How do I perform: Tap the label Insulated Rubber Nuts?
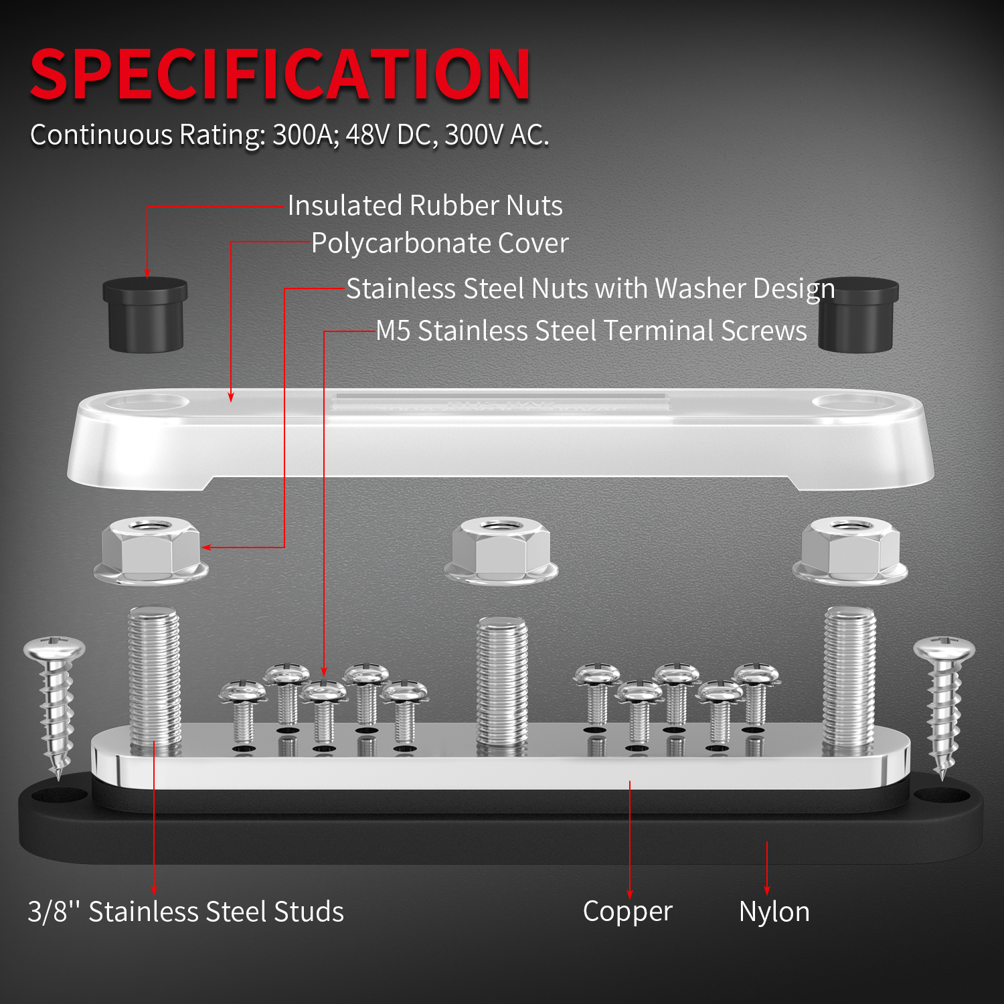[425, 205]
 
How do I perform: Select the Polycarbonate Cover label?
[440, 243]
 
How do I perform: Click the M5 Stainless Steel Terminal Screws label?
[591, 331]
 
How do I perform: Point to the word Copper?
[627, 911]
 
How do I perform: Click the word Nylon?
[774, 912]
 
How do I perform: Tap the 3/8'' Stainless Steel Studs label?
[185, 912]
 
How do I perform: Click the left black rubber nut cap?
[145, 314]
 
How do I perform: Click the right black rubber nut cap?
[857, 314]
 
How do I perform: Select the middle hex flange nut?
[501, 550]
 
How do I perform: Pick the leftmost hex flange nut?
[151, 550]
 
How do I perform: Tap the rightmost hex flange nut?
[850, 550]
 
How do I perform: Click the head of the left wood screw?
[54, 648]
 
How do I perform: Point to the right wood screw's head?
[944, 648]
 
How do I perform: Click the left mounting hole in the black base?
[60, 796]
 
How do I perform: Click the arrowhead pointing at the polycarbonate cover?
[231, 398]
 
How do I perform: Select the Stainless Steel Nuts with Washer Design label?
[590, 288]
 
